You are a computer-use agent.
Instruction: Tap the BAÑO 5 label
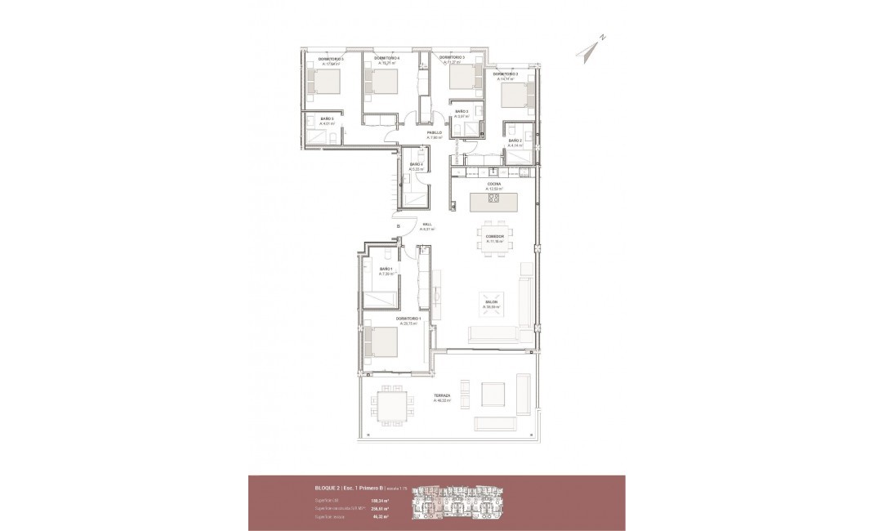pos(326,120)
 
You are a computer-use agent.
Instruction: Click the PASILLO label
pos(434,133)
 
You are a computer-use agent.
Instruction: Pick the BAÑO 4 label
pos(416,166)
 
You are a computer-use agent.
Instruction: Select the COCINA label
pos(494,185)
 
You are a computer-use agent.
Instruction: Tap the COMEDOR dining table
pos(496,239)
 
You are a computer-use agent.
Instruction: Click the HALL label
pos(426,226)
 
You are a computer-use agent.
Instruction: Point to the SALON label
pos(491,303)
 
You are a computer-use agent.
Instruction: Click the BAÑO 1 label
pos(386,270)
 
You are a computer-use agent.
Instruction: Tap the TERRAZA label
pos(442,397)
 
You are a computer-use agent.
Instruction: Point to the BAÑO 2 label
pos(515,141)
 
